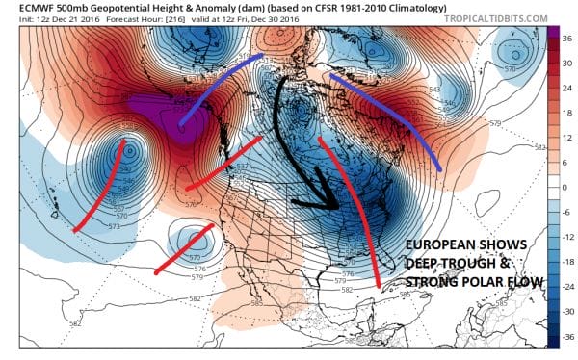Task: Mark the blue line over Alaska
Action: point(213,92)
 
